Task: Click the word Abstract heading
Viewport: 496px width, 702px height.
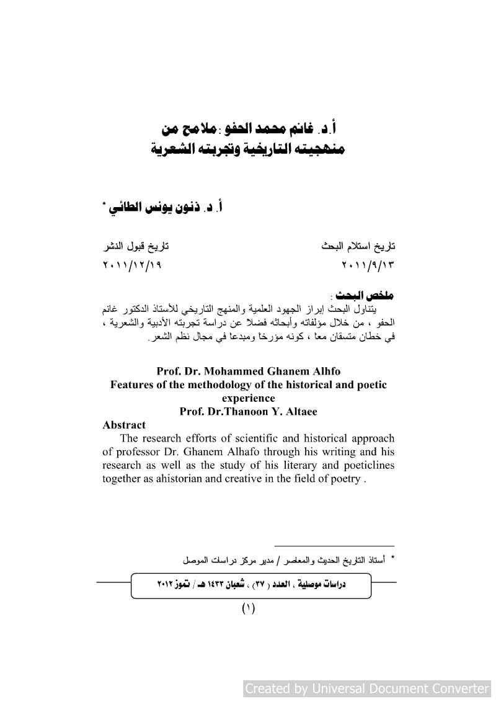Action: [x=124, y=425]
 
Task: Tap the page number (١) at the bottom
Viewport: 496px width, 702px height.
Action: [x=248, y=608]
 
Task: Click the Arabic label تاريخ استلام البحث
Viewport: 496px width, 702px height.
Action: [x=360, y=246]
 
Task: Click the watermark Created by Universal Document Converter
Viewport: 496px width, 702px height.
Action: [x=367, y=688]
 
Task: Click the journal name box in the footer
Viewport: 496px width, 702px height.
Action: [x=250, y=585]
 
